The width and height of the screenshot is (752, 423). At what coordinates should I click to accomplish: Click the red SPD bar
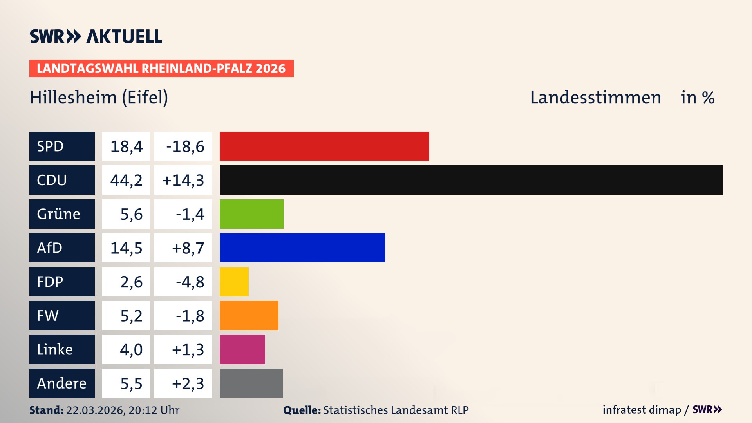pos(324,146)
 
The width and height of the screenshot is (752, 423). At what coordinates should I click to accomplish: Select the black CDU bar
pos(471,180)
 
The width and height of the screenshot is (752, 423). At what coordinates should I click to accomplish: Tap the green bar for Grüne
pos(251,214)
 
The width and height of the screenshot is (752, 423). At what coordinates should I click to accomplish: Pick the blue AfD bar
pos(302,248)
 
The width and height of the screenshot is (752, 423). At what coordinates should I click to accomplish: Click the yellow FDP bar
pos(234,282)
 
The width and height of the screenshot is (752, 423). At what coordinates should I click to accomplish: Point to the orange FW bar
pos(249,315)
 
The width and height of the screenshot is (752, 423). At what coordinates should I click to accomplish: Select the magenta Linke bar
pos(242,349)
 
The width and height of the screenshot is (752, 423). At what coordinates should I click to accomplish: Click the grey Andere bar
pos(251,383)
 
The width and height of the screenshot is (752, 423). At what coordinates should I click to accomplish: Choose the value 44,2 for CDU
pos(126,180)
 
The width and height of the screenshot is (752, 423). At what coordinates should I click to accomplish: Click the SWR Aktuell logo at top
pos(96,36)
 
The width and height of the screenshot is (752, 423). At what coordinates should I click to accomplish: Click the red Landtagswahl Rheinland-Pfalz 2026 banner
pos(161,69)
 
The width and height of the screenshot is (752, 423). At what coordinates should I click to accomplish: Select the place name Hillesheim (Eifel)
pos(99,98)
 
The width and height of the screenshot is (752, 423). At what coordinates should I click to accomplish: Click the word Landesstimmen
pos(595,98)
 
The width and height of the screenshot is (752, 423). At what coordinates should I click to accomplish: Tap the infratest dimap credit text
pos(642,410)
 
